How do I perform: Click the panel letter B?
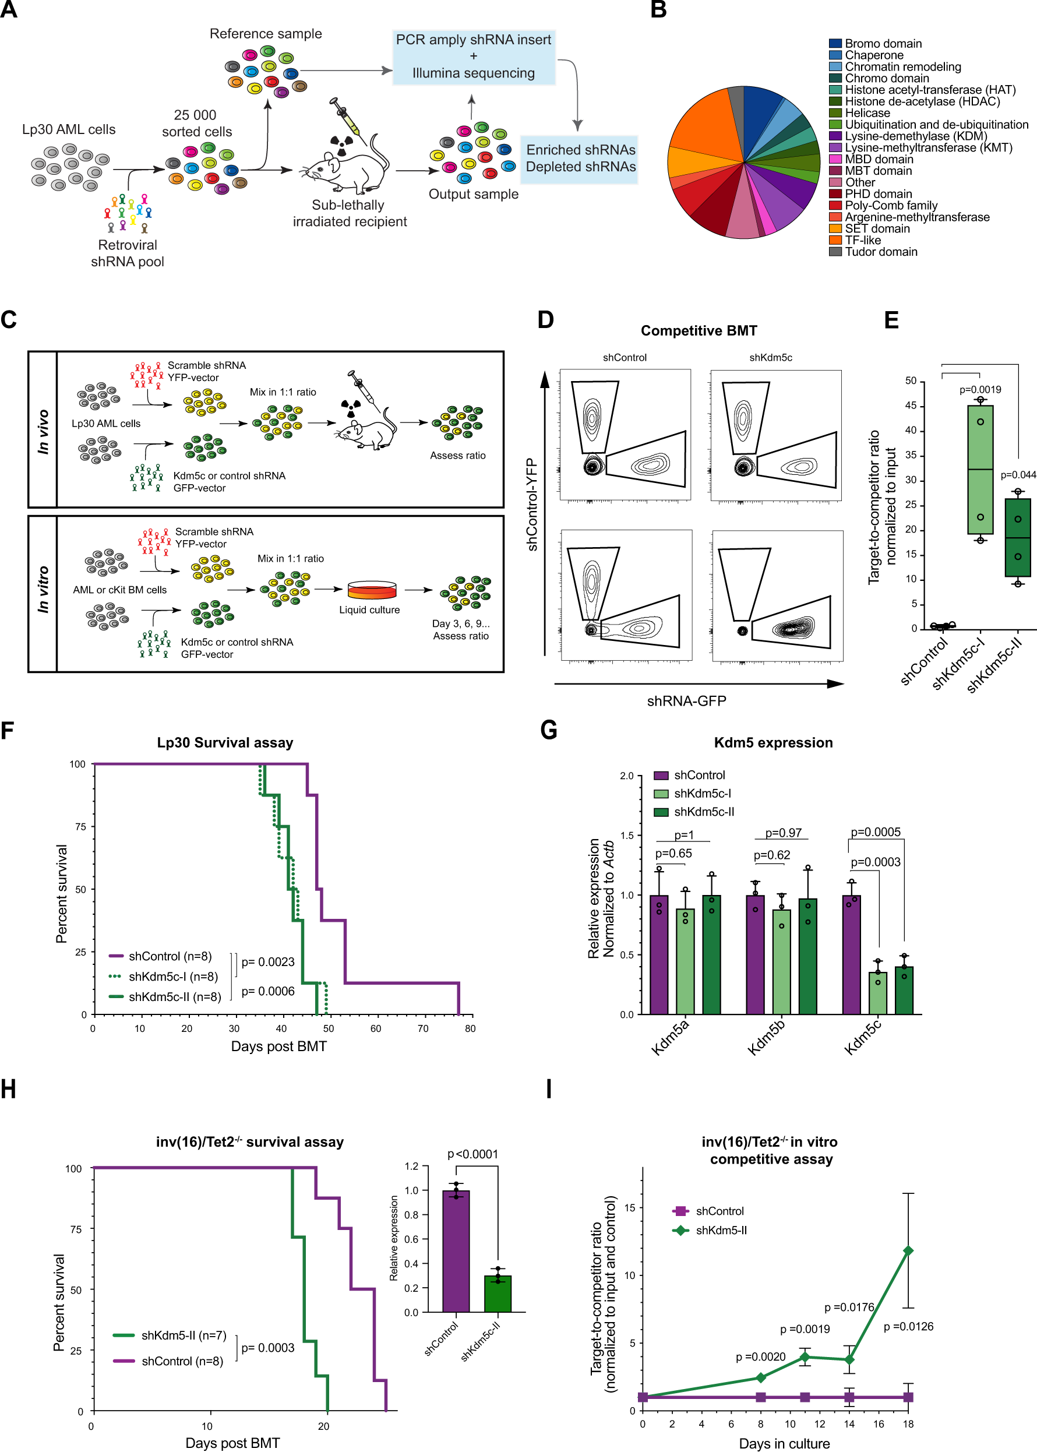658,10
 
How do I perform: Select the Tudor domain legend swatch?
835,252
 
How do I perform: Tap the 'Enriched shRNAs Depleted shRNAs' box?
580,158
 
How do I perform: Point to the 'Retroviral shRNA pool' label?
128,253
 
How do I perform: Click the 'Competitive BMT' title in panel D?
699,331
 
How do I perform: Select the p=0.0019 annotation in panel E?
979,389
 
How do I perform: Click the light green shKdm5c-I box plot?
979,469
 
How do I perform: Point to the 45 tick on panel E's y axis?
911,406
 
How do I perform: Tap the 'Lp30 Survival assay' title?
225,742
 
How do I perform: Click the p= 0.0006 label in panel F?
267,991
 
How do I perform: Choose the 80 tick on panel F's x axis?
470,1028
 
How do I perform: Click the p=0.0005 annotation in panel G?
876,832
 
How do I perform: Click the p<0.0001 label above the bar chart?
472,1154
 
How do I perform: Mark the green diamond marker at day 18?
908,1250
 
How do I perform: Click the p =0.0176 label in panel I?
849,1307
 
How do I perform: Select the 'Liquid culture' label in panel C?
369,610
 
